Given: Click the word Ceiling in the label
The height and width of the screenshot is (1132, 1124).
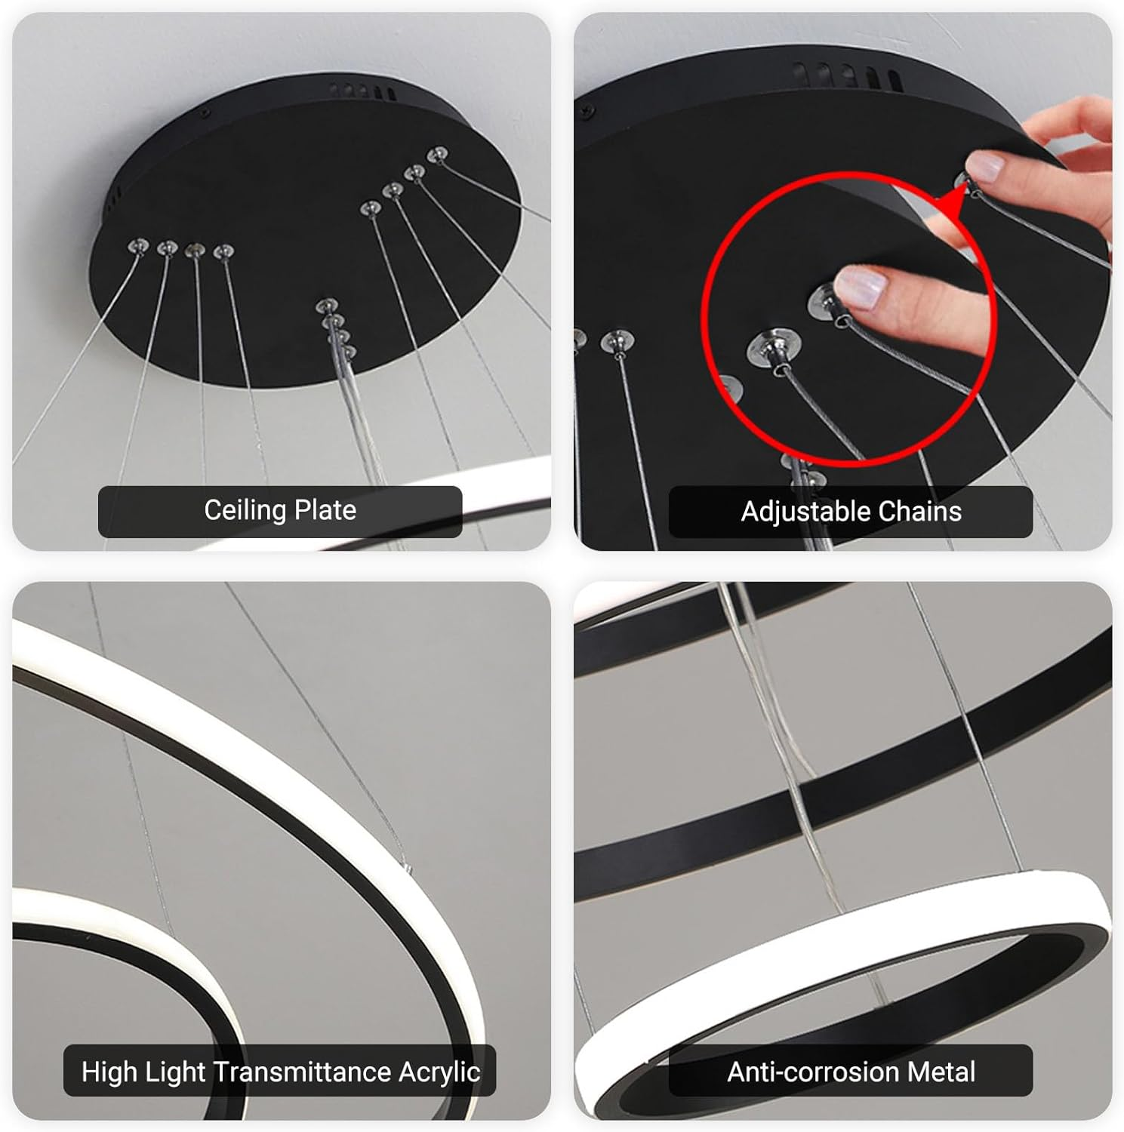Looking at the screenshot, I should click(245, 511).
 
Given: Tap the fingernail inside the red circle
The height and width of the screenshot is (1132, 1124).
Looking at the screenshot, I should click(862, 288).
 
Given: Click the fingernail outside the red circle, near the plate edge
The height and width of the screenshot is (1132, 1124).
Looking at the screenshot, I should click(985, 165).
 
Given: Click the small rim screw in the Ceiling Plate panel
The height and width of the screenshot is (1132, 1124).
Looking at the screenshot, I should click(205, 114).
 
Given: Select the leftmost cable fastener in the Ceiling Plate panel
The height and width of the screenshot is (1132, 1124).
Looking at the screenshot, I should click(139, 245).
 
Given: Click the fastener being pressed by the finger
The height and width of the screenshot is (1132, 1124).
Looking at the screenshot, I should click(823, 303).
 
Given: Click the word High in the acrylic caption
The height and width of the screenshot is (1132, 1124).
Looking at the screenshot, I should click(104, 1072).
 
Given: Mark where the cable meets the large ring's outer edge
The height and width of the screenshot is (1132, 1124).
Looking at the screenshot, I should click(408, 868).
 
